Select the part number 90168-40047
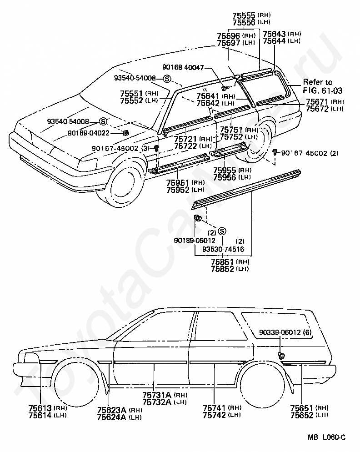pos(185,67)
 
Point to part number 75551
pos(132,93)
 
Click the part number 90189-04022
pos(89,133)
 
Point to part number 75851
pos(223,262)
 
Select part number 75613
pos(40,408)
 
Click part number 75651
pos(302,408)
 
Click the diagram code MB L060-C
pos(326,437)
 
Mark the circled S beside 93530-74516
pos(222,231)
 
